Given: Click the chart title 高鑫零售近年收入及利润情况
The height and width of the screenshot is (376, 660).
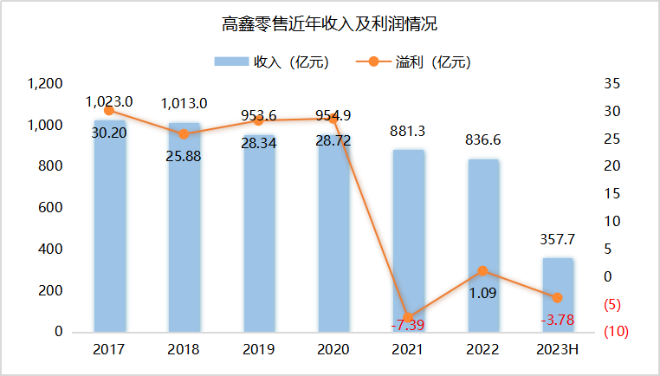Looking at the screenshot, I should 328,25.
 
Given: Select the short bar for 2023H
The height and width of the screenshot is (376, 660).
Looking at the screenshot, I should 558,295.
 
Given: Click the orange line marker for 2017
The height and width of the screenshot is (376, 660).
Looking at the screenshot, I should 108,111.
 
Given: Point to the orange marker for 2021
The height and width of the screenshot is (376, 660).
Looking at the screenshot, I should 409,317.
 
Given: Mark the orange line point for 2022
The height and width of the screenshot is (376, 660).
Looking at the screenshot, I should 483,271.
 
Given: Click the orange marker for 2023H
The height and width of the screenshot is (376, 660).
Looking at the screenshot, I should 558,297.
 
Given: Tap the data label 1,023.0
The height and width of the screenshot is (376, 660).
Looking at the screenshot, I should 108,102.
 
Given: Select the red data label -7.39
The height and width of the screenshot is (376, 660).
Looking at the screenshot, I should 409,325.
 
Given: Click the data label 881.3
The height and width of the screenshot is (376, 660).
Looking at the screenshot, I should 409,133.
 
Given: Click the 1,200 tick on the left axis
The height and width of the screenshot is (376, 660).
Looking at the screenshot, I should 45,84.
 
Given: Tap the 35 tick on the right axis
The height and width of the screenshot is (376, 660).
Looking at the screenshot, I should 612,84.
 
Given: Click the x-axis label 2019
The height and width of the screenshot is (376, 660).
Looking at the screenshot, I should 258,350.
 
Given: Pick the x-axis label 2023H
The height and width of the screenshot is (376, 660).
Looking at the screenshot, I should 558,350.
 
